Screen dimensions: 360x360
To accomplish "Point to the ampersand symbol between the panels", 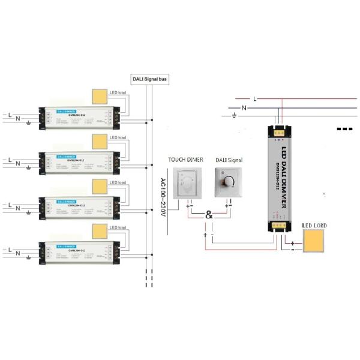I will pos(209,215).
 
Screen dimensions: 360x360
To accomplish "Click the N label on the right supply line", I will pos(244,108).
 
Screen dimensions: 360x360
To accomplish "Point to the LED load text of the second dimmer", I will pos(118,138).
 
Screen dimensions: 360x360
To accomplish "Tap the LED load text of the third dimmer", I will pos(118,182).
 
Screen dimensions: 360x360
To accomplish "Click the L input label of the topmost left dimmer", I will pos(10,112).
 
